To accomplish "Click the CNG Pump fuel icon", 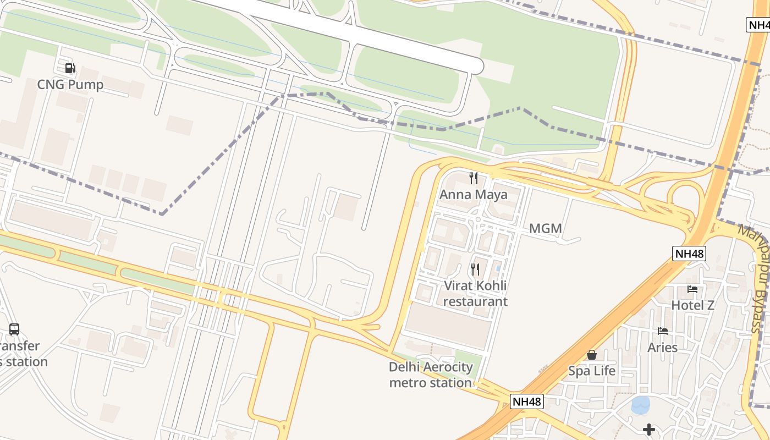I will point(70,68).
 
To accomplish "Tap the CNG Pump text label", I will point(70,85).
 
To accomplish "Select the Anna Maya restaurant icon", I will point(473,178).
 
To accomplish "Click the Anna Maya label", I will point(473,195).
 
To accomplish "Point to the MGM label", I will point(545,228).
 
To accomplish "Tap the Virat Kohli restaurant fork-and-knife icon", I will point(475,269).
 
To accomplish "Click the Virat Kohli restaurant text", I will point(475,294).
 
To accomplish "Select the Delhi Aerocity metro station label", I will point(431,375).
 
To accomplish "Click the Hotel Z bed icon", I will point(692,289).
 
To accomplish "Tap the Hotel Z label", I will point(692,305).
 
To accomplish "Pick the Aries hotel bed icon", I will point(663,331).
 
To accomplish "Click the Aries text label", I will point(663,348).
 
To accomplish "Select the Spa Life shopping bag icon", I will point(592,355).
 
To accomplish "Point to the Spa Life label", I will point(592,371).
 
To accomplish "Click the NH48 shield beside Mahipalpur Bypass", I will point(689,254).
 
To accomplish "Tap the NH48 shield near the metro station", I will point(527,402).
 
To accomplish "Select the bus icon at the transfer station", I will point(14,329).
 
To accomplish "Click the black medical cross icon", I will point(649,429).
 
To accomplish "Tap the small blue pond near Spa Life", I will point(640,405).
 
